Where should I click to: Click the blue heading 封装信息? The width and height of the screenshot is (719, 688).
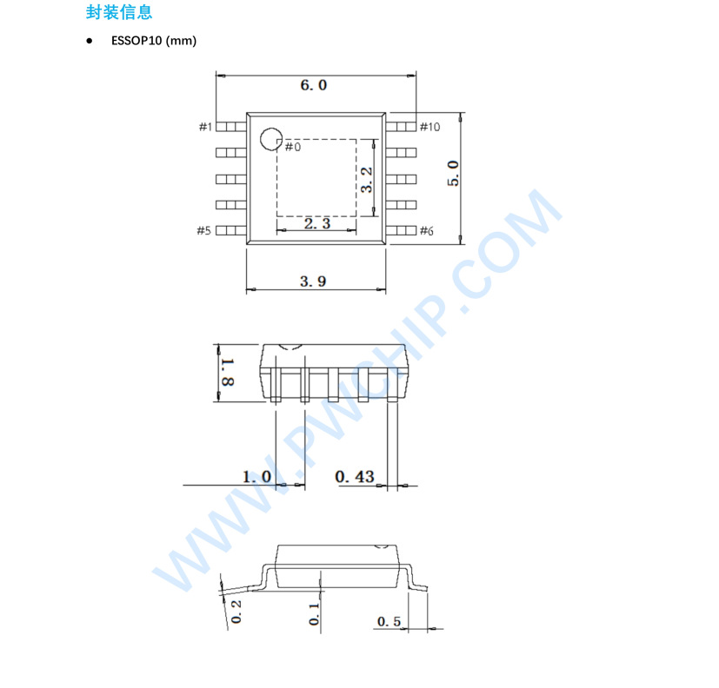coord(120,12)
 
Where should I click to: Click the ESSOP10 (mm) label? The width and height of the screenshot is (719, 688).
coord(154,41)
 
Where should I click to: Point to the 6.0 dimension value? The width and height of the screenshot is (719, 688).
coord(313,85)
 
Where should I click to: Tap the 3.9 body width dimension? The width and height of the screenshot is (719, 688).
coord(313,281)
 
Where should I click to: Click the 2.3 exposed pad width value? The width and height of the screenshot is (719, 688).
coord(317,223)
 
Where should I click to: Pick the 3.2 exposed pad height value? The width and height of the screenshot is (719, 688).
coord(367,179)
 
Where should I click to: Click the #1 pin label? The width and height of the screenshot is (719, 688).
coord(205,127)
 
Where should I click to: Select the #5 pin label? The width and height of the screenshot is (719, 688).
coord(203,230)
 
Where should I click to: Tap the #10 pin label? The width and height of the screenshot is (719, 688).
coord(429,127)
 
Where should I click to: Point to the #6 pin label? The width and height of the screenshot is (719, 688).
coord(426,230)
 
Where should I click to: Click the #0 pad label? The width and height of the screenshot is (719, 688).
coord(292,147)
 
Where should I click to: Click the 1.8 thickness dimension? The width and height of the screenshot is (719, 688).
coord(228,371)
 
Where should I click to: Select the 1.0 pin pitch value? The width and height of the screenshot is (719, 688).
coord(256,476)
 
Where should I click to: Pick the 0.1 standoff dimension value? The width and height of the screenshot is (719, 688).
coord(314,614)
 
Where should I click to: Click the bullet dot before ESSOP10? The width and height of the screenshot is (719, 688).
coord(90,41)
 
